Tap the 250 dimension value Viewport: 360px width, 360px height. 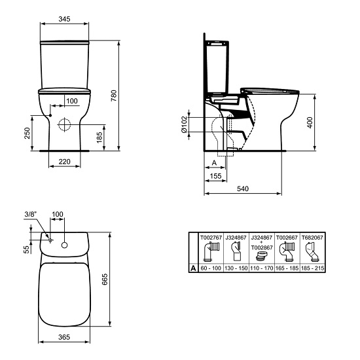coord(26,132)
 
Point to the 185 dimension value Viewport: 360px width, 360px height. coord(99,136)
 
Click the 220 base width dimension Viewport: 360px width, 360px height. coord(63,160)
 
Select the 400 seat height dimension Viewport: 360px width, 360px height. coord(310,122)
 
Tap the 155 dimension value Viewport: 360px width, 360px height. coord(215,176)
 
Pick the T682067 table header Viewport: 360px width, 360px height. coord(311,239)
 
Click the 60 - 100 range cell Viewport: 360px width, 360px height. coord(211,268)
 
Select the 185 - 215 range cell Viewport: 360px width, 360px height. coord(311,268)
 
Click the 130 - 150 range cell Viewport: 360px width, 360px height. coord(236,268)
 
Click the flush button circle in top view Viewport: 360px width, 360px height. coord(65,245)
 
